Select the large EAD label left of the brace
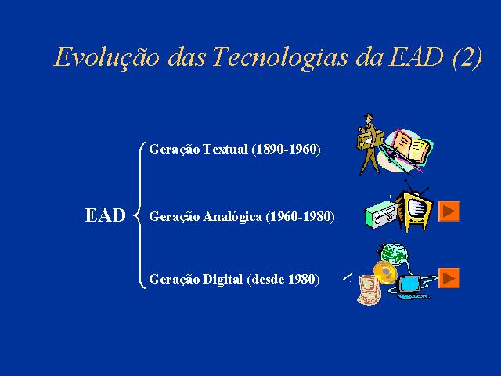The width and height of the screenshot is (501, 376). (105, 215)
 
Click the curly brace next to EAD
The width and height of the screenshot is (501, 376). (140, 215)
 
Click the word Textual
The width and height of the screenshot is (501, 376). (225, 150)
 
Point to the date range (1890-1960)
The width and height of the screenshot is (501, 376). (286, 150)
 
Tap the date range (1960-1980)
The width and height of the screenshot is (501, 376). (300, 217)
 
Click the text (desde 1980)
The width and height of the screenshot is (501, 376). (283, 279)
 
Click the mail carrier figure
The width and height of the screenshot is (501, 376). (369, 144)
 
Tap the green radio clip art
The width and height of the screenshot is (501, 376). (380, 215)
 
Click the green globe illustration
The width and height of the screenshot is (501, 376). (393, 255)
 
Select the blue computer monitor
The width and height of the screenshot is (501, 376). (410, 284)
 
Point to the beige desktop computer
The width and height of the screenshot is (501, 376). (369, 290)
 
